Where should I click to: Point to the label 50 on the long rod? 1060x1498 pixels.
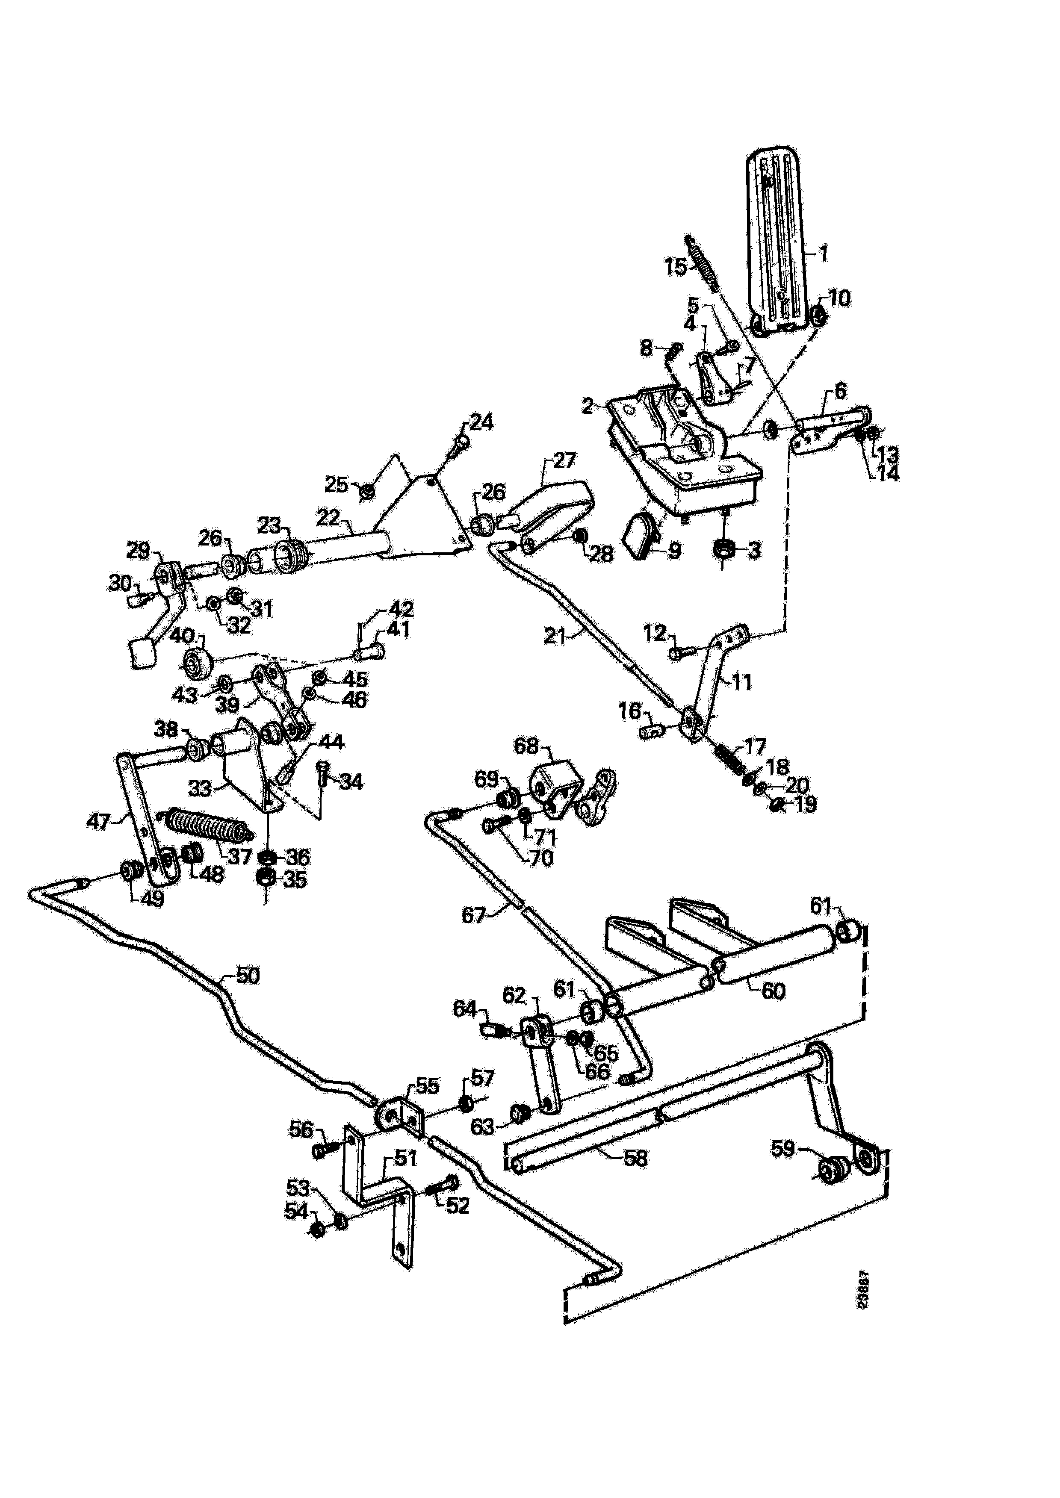click(x=248, y=976)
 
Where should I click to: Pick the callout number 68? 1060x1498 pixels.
click(x=527, y=745)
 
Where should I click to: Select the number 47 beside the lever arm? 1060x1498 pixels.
click(x=98, y=821)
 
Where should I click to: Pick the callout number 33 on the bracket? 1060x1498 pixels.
click(x=200, y=788)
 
